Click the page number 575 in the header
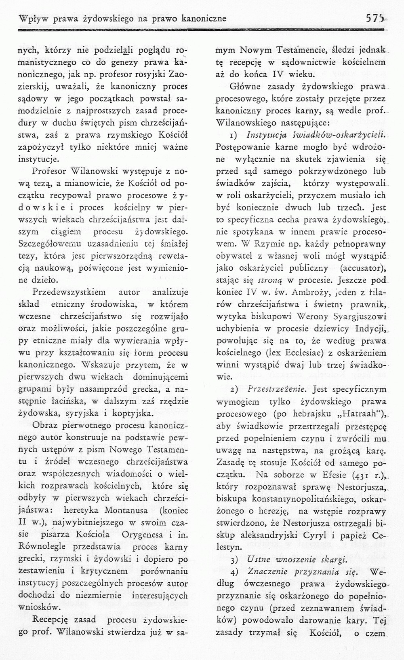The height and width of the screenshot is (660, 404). click(375, 18)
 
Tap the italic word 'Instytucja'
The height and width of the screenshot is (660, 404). click(265, 134)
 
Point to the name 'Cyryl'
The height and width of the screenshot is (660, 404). click(318, 535)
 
